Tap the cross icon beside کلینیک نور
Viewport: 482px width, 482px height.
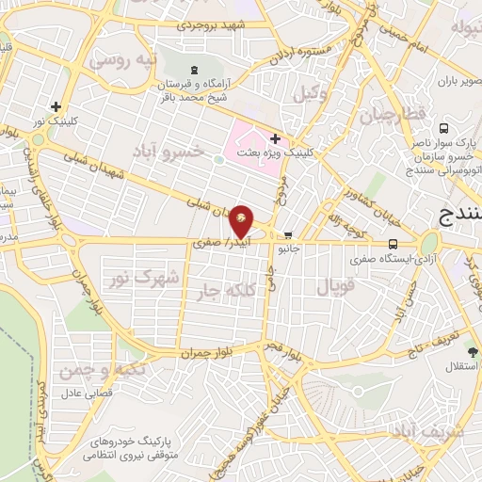coord(56,107)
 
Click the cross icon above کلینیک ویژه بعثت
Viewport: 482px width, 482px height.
coord(274,138)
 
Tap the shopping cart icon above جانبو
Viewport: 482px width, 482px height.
coord(288,236)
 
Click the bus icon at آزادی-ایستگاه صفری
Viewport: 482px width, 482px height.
coord(364,243)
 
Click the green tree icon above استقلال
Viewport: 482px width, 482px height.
coord(473,352)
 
